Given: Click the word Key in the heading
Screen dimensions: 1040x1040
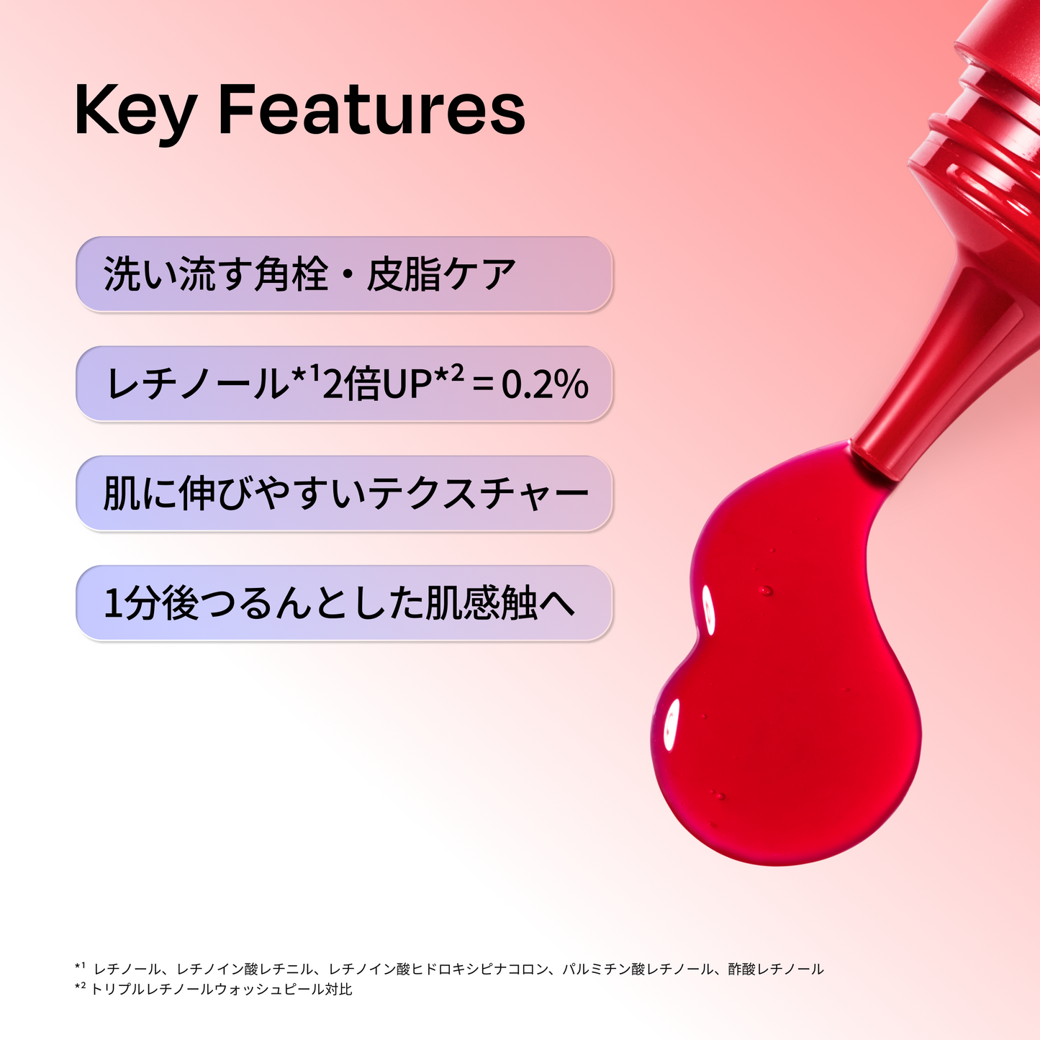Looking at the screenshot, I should pyautogui.click(x=135, y=112).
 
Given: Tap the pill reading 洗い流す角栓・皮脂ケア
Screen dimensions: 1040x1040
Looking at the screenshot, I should pyautogui.click(x=344, y=274).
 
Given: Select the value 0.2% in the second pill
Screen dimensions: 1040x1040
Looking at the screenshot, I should pyautogui.click(x=545, y=384).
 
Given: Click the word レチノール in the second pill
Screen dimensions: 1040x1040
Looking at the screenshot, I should pyautogui.click(x=196, y=384).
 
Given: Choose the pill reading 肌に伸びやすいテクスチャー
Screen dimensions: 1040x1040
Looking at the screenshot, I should pyautogui.click(x=344, y=494).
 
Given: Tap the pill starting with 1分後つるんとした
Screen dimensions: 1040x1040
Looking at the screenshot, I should pyautogui.click(x=344, y=603).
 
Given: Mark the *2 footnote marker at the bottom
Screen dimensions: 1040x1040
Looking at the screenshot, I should pyautogui.click(x=80, y=988).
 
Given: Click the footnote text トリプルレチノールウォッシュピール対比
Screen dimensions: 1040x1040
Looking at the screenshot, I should pyautogui.click(x=222, y=990).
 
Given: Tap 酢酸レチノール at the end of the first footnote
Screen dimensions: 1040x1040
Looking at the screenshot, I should pyautogui.click(x=775, y=969).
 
